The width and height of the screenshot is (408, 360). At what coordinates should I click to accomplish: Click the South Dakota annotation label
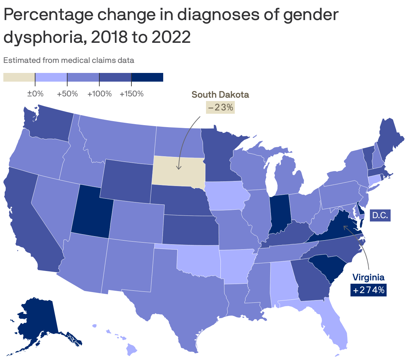pyautogui.click(x=220, y=95)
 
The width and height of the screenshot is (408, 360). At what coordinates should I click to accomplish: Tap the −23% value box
pyautogui.click(x=220, y=107)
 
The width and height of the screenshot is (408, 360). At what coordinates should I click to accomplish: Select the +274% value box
pyautogui.click(x=369, y=290)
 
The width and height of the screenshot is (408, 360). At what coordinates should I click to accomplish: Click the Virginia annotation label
pyautogui.click(x=369, y=277)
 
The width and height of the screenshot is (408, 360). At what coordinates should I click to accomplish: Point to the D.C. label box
pyautogui.click(x=380, y=215)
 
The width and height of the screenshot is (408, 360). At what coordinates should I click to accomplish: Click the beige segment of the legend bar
pyautogui.click(x=19, y=77)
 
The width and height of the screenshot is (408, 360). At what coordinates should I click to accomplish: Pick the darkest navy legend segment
pyautogui.click(x=147, y=77)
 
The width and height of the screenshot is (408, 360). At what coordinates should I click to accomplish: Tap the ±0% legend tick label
pyautogui.click(x=35, y=94)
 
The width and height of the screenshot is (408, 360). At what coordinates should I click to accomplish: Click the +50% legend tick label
pyautogui.click(x=67, y=94)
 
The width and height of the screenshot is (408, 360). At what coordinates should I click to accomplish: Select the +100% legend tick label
pyautogui.click(x=99, y=94)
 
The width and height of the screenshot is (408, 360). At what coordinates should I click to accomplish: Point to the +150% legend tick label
pyautogui.click(x=131, y=94)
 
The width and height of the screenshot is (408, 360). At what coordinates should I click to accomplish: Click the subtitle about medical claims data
pyautogui.click(x=69, y=60)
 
